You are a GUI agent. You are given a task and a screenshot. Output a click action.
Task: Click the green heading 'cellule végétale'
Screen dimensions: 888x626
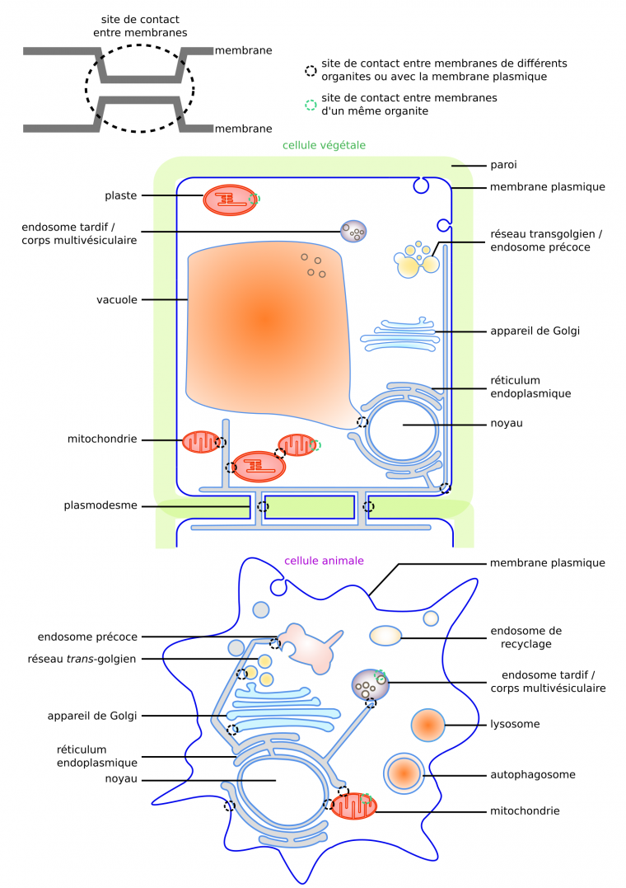tap(324, 145)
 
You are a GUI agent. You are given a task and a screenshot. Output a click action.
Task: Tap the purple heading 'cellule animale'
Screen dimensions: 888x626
tap(324, 561)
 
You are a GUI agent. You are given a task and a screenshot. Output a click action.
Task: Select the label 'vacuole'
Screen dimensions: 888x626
tap(116, 299)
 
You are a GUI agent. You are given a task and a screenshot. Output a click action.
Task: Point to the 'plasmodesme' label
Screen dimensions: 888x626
tap(100, 505)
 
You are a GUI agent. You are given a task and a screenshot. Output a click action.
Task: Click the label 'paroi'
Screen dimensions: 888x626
tap(503, 165)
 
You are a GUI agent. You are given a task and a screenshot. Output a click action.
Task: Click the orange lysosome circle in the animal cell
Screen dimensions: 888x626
tap(428, 725)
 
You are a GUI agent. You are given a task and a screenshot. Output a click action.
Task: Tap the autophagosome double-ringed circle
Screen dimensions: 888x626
tap(404, 774)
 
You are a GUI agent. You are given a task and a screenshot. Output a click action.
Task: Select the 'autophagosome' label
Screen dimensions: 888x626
tap(532, 774)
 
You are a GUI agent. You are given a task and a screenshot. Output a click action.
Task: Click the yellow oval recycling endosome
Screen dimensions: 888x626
tap(385, 636)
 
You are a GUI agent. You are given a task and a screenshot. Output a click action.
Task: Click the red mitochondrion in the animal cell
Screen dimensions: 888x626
tap(353, 806)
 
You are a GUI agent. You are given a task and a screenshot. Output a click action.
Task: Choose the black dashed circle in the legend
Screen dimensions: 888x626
tap(311, 71)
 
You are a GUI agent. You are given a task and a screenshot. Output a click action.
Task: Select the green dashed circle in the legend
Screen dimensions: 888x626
tap(311, 105)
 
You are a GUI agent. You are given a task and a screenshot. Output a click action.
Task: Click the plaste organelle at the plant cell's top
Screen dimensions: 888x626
tap(231, 200)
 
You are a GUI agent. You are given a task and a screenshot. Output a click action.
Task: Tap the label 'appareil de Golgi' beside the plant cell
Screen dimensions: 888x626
tap(535, 331)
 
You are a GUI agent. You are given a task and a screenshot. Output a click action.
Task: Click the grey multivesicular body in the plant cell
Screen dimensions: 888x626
tap(354, 231)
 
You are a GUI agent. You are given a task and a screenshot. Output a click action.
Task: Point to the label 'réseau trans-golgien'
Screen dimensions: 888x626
tap(93, 658)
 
